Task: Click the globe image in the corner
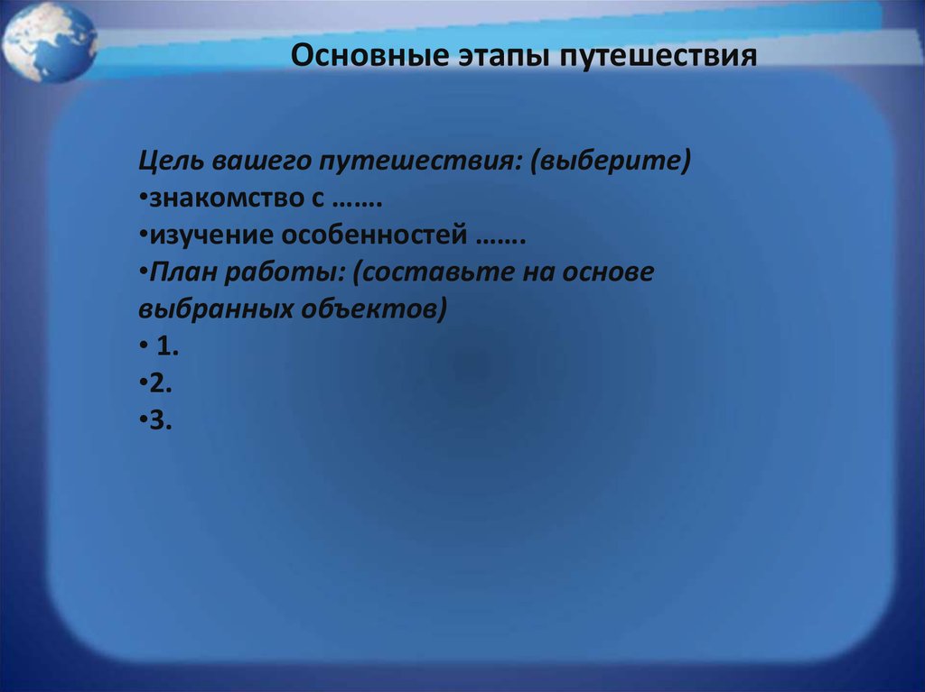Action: click(50, 42)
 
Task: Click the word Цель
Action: click(171, 161)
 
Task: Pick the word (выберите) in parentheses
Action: click(610, 161)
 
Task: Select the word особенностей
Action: click(374, 235)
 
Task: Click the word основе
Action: click(608, 272)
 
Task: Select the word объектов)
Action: click(373, 309)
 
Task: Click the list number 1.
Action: click(167, 346)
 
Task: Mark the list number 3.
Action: click(161, 420)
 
